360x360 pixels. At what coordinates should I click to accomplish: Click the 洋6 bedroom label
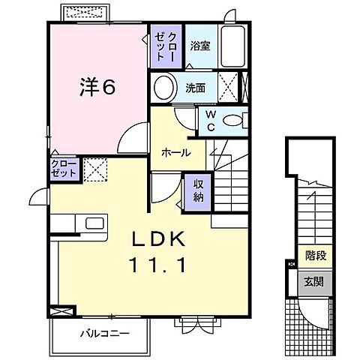97,87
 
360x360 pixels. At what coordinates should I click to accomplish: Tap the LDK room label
159,239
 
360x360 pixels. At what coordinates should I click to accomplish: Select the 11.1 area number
158,265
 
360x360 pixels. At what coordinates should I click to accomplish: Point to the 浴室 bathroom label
200,46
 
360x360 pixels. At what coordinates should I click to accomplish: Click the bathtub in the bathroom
232,46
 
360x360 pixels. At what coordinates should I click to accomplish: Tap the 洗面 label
195,88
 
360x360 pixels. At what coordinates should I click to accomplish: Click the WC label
211,121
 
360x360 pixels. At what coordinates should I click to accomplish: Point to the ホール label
175,152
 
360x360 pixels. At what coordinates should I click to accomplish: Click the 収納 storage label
199,191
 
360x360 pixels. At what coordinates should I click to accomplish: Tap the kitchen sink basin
94,223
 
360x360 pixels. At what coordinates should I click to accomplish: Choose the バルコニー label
105,333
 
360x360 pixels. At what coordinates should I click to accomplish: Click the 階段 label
316,256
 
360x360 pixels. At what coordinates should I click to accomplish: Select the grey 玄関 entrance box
315,283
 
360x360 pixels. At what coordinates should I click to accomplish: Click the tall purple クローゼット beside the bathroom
166,46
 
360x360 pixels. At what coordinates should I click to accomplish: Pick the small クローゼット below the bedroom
64,169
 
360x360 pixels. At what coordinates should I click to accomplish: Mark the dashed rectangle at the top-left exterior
85,12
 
